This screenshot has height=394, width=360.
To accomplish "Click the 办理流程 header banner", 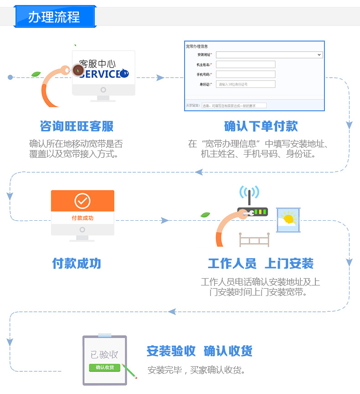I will (x=54, y=17).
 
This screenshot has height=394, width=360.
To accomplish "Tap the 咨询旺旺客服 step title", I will (x=77, y=126).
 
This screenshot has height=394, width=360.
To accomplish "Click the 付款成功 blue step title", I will (x=77, y=264).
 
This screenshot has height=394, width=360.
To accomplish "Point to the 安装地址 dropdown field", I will (x=269, y=55).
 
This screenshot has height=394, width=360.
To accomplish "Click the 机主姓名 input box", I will (x=246, y=64).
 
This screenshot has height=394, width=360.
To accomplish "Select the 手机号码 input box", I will (x=246, y=74).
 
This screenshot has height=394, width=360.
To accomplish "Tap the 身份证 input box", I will (x=246, y=84).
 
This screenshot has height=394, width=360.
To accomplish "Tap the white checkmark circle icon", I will (x=82, y=201).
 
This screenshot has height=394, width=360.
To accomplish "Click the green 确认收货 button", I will (x=105, y=368).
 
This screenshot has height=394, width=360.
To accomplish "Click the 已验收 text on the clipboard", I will (x=104, y=354).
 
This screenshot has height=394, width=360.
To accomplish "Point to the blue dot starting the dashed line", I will (x=10, y=77).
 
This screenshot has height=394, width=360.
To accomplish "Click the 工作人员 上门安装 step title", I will (x=261, y=264).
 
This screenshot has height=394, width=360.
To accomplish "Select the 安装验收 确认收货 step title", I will (x=199, y=351).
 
